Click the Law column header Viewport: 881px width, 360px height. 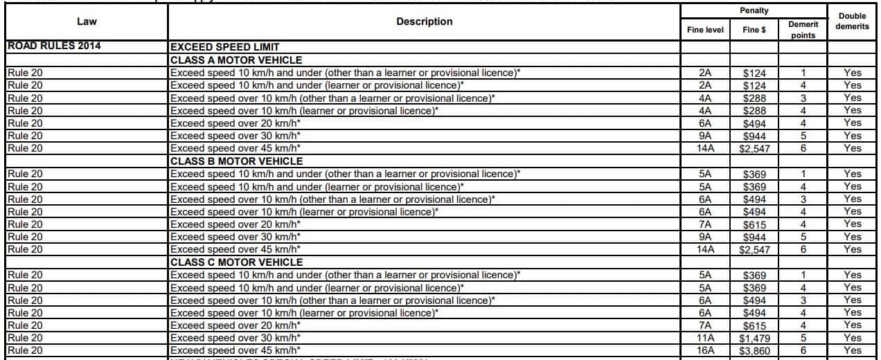[x=87, y=21]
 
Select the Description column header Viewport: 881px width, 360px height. [x=424, y=21]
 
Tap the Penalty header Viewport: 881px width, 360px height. [x=754, y=10]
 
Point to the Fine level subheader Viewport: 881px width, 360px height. [x=705, y=30]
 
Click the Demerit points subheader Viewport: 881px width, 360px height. [x=803, y=30]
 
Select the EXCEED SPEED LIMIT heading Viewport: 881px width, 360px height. [x=224, y=47]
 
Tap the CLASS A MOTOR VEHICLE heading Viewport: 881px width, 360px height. [x=236, y=60]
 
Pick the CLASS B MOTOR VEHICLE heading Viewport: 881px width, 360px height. [x=236, y=161]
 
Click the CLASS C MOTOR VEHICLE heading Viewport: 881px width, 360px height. [x=236, y=262]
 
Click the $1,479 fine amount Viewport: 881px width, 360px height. [x=754, y=339]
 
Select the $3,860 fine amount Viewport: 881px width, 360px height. [x=754, y=351]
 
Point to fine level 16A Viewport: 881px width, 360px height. [x=705, y=351]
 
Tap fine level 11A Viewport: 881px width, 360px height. [x=705, y=339]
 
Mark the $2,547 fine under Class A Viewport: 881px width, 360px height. [x=754, y=149]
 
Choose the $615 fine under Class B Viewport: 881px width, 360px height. [x=754, y=224]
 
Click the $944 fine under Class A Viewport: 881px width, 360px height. [x=754, y=136]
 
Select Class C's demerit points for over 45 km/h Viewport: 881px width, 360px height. [x=803, y=351]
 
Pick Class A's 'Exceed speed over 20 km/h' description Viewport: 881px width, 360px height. [x=235, y=123]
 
